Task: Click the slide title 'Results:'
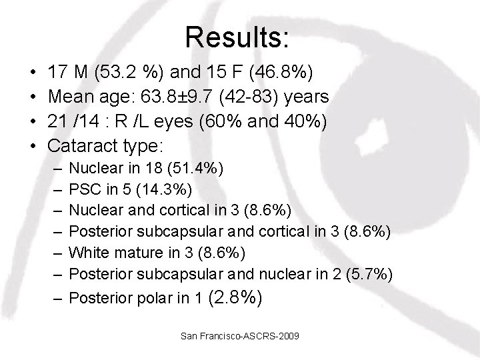(x=238, y=37)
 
